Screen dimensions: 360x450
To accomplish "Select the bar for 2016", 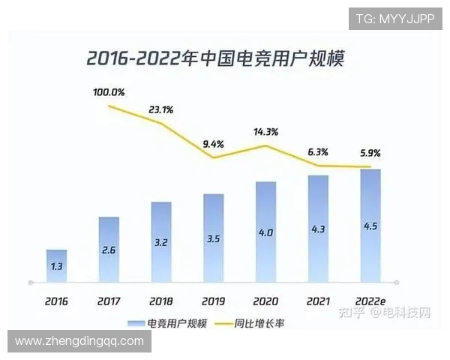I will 56,265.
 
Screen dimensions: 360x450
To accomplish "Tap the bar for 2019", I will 214,238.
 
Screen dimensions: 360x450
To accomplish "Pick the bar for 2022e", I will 370,225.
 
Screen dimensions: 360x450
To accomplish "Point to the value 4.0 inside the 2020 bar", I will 266,233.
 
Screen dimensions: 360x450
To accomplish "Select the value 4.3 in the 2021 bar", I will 319,229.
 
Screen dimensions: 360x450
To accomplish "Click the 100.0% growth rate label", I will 109,93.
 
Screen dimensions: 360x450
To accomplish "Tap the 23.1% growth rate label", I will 160,109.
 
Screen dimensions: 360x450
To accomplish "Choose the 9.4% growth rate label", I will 214,144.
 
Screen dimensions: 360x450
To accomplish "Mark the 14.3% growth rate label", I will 266,132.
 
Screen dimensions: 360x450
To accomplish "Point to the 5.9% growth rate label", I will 369,153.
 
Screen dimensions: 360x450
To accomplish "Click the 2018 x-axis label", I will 160,301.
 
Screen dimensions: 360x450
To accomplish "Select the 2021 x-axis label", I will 319,301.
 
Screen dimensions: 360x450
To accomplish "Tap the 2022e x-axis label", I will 371,301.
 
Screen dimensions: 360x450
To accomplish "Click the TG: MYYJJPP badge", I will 395,19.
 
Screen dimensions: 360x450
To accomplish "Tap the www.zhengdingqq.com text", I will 79,341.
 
